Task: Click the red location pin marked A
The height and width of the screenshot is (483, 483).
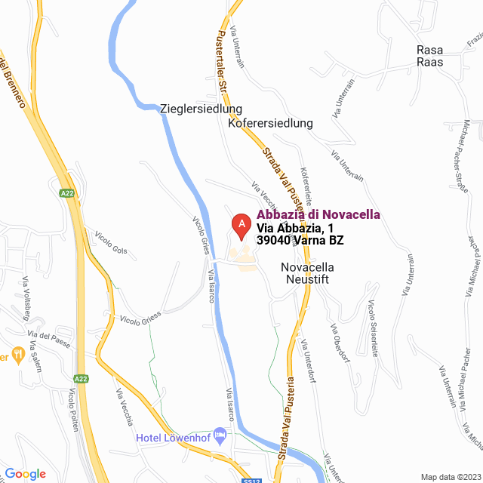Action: (x=241, y=225)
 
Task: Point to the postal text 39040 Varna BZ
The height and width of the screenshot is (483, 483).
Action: (x=300, y=241)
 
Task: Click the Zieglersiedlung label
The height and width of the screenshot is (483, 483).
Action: (x=201, y=109)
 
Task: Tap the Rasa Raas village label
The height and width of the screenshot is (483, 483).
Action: (x=430, y=56)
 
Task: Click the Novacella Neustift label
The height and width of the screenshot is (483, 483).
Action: (x=306, y=273)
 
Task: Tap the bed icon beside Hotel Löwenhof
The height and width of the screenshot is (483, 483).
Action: (x=220, y=435)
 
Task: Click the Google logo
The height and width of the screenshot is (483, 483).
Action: (x=26, y=473)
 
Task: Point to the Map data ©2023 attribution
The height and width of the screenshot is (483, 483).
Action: (x=451, y=477)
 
